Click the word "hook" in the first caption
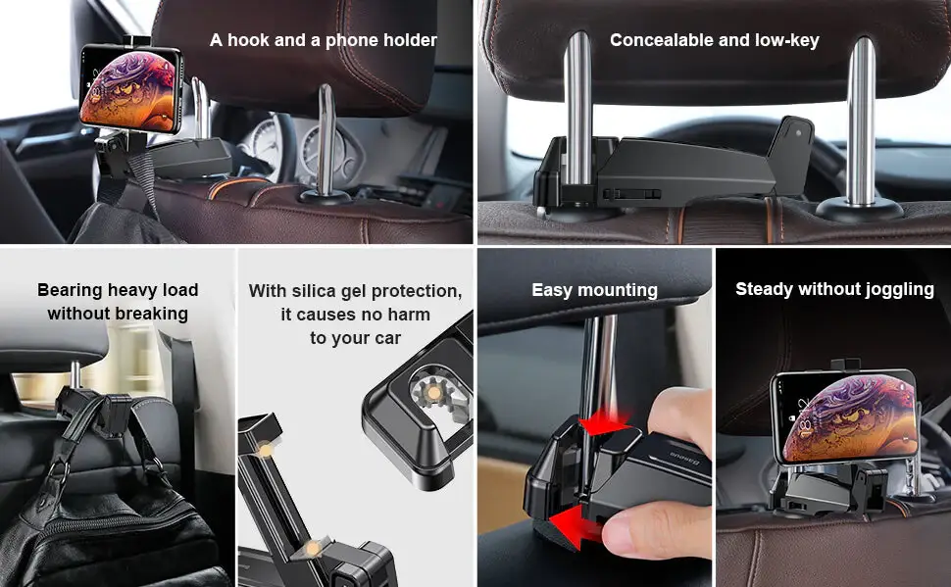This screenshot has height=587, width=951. pyautogui.click(x=247, y=40)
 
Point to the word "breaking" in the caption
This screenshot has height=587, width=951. pyautogui.click(x=151, y=314)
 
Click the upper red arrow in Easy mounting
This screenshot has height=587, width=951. pyautogui.click(x=603, y=423)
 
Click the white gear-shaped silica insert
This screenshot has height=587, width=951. pyautogui.click(x=434, y=394)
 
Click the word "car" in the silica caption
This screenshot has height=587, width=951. pyautogui.click(x=387, y=338)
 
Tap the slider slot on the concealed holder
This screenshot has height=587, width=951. pyautogui.click(x=631, y=194)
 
